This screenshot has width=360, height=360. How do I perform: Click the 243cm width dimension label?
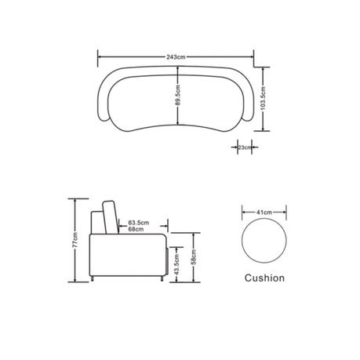[176, 57]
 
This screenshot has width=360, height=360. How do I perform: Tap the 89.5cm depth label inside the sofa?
[178, 95]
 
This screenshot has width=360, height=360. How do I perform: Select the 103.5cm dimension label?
[263, 98]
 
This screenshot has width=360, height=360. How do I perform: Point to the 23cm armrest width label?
[245, 147]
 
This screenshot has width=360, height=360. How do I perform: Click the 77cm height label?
[75, 240]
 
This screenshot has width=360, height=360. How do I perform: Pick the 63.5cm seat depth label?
[139, 223]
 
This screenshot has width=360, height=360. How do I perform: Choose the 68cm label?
[136, 229]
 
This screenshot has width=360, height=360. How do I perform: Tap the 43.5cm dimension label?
[176, 264]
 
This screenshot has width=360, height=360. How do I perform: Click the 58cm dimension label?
[194, 257]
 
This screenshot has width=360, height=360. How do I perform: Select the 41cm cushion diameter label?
[264, 213]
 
